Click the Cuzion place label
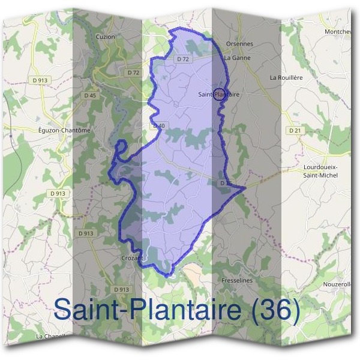(105, 37)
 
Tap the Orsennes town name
(239, 44)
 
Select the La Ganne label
(236, 58)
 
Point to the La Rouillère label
(285, 77)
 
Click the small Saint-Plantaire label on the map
(219, 94)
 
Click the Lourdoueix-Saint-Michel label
(320, 171)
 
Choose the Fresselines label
(236, 280)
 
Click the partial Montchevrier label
(342, 31)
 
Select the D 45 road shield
(91, 95)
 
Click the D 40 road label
(158, 125)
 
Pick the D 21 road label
(294, 130)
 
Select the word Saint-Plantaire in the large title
(148, 310)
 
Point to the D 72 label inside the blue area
(183, 59)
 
